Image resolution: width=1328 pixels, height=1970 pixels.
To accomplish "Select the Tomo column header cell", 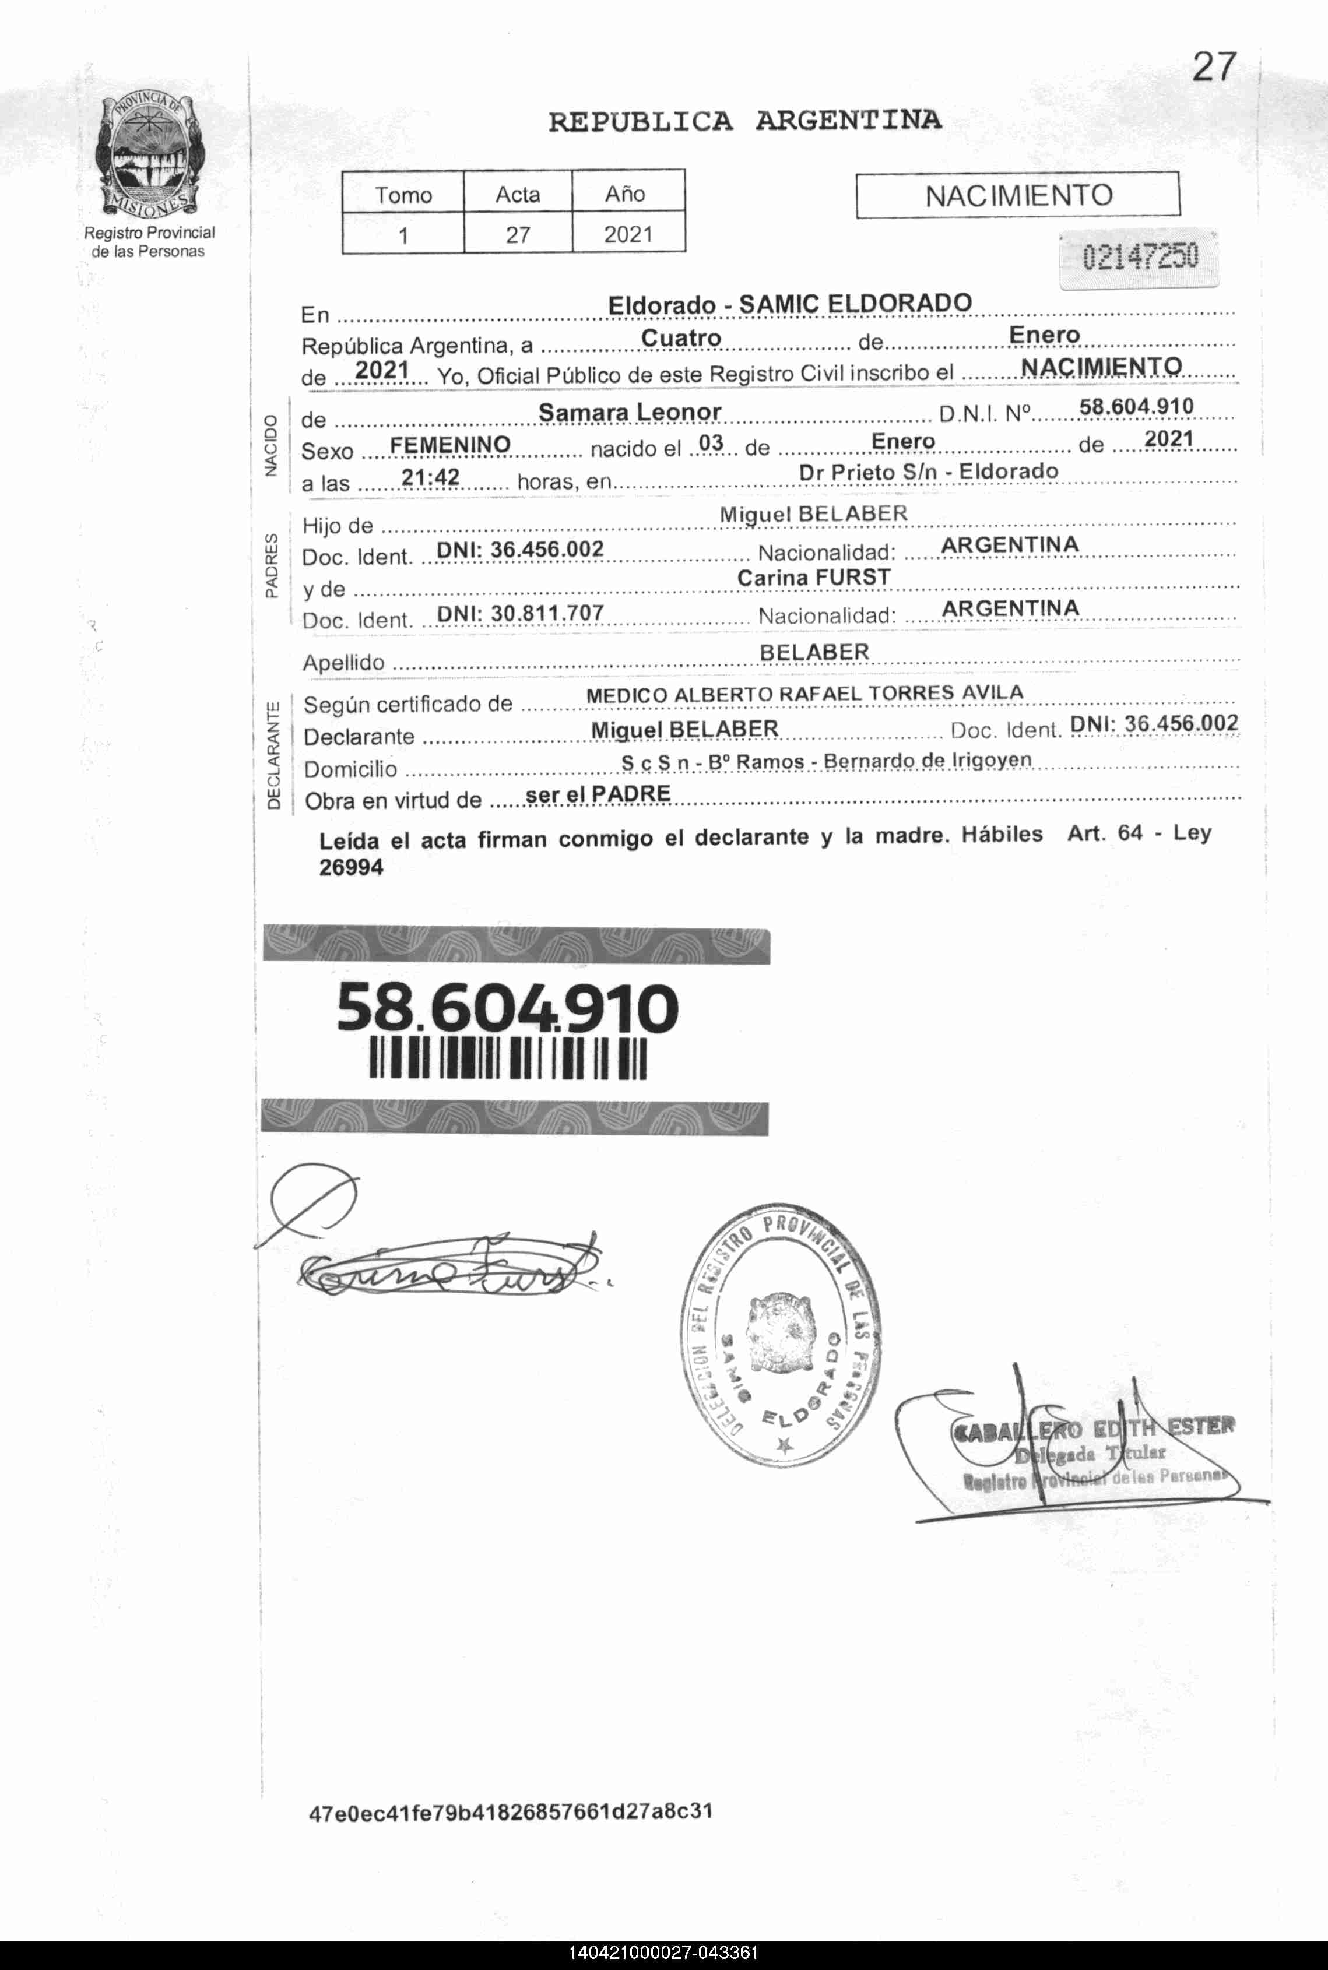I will click(403, 194).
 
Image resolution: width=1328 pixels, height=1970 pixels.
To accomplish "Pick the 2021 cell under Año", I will click(628, 234).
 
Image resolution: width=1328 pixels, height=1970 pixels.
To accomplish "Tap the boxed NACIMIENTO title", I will click(1017, 196).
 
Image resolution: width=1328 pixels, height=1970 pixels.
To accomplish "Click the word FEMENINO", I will click(449, 445).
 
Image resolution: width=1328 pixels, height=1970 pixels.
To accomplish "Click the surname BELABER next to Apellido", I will click(814, 652).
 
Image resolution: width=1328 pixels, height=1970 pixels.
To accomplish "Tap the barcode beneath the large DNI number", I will click(508, 1058).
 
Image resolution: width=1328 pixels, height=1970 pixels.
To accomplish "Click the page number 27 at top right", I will click(1214, 67).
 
